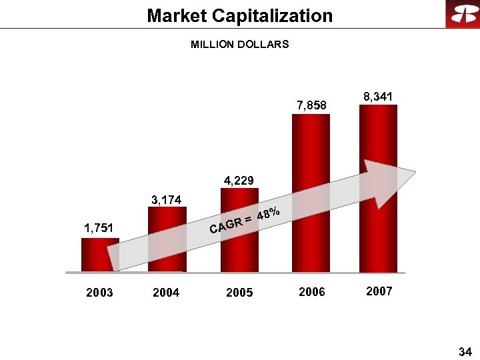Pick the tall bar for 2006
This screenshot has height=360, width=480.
[311, 167]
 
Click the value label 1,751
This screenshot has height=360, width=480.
[97, 228]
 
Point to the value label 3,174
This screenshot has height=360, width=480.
[167, 199]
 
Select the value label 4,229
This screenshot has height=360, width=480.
[239, 180]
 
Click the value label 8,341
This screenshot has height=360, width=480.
[378, 97]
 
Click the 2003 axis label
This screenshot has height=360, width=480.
[99, 293]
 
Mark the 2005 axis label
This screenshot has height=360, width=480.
[239, 293]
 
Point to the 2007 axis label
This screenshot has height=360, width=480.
[379, 291]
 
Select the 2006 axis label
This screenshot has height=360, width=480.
[311, 291]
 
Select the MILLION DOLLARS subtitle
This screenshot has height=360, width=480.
[240, 45]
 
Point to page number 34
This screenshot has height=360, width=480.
[465, 351]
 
